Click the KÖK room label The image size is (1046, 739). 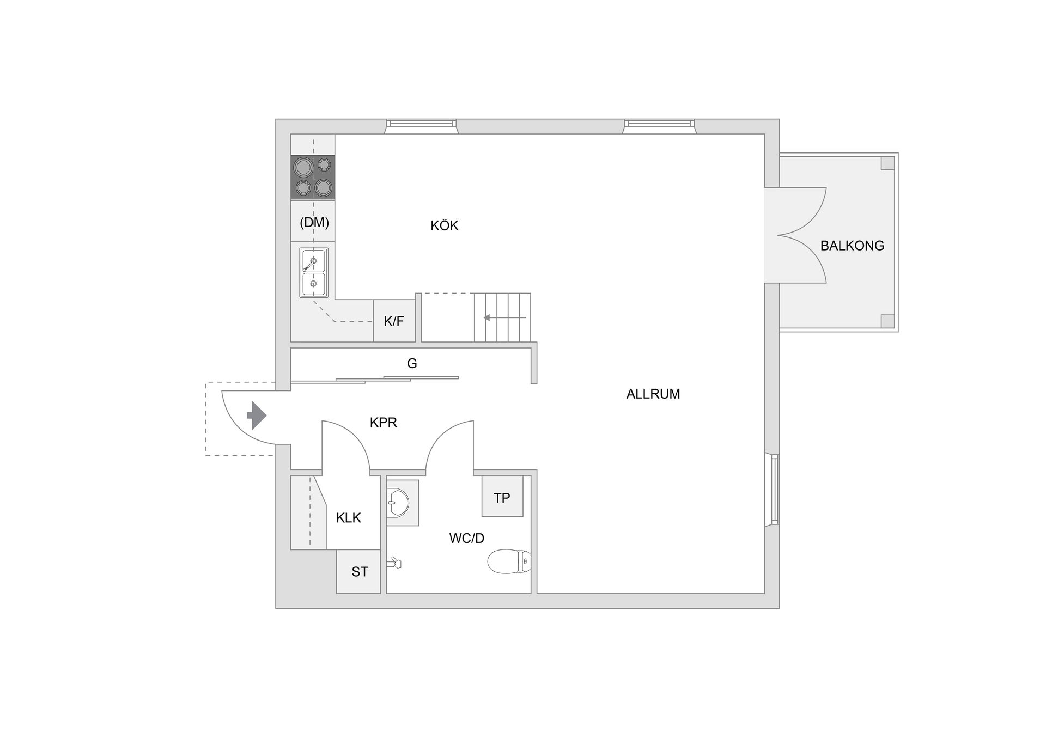coord(444,225)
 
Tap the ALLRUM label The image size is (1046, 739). coord(653,394)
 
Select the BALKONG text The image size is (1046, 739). coord(852,246)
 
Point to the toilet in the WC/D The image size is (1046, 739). coord(509,561)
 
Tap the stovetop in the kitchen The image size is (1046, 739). coord(313,177)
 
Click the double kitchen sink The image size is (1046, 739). coord(313,273)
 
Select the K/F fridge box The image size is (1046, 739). coord(394,321)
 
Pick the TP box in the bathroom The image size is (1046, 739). coord(502,496)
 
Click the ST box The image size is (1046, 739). coord(358,571)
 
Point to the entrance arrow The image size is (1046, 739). coord(257,416)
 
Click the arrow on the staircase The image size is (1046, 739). coord(504,317)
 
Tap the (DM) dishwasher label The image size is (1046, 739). coord(314,222)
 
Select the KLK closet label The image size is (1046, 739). coord(349,518)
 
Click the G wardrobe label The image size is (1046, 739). coord(412,363)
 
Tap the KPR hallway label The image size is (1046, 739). coord(384,422)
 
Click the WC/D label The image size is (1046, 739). coord(467,539)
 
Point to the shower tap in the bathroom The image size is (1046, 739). coord(394,563)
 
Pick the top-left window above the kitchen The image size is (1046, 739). coord(421,126)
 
